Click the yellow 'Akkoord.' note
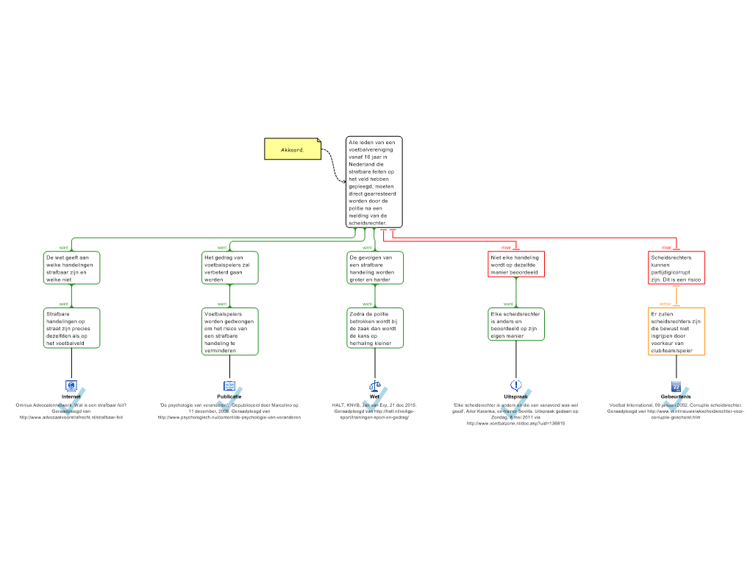click(x=293, y=149)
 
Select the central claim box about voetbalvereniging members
click(x=374, y=182)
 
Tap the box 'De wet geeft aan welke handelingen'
click(x=71, y=269)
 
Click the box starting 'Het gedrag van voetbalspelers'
click(x=230, y=269)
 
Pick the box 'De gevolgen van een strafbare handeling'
click(x=375, y=269)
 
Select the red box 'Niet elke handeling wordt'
click(x=515, y=265)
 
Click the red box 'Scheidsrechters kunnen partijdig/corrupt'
click(x=677, y=269)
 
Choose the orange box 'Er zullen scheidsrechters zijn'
click(x=677, y=332)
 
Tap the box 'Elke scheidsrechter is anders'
click(x=516, y=324)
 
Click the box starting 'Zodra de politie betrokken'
click(x=375, y=328)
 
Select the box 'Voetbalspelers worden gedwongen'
click(x=230, y=332)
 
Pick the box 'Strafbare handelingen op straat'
click(x=71, y=328)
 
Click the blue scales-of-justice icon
click(x=375, y=385)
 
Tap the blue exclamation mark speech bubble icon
click(x=516, y=385)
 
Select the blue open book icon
click(x=229, y=385)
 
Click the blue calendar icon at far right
click(x=676, y=386)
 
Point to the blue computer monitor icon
click(x=71, y=385)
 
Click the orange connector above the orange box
click(x=677, y=296)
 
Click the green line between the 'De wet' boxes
click(x=71, y=296)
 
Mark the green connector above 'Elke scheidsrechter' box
click(x=516, y=293)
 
